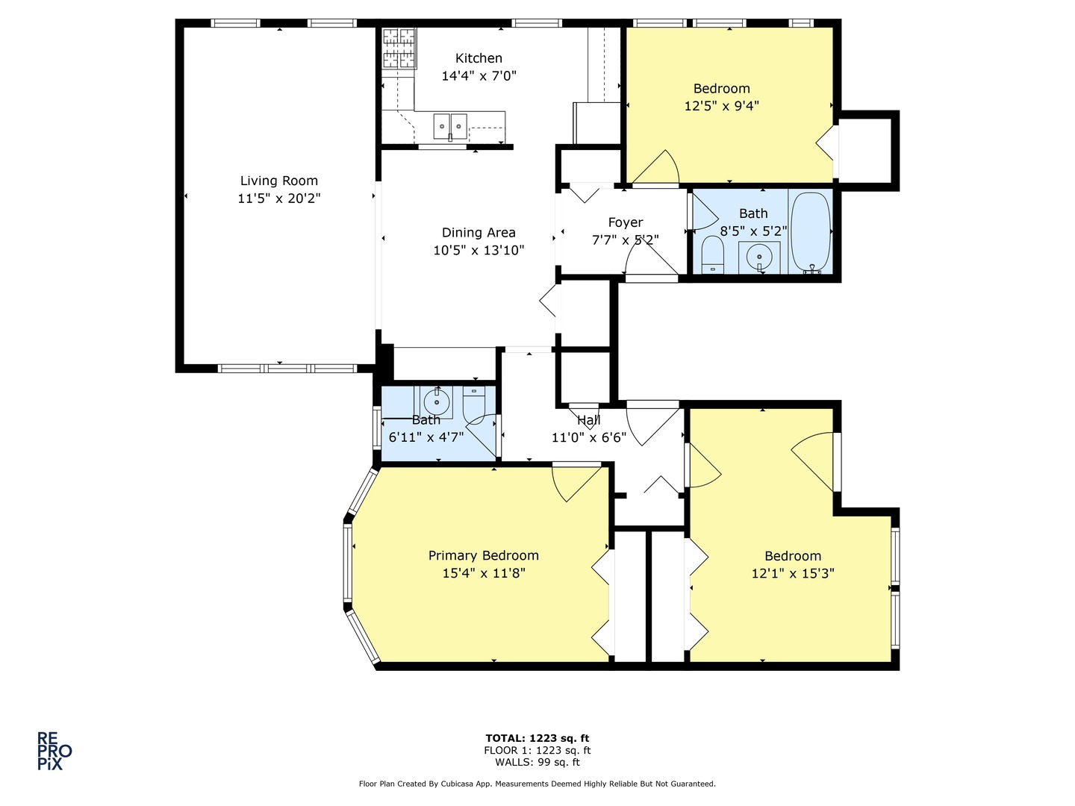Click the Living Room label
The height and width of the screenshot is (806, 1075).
coord(278,181)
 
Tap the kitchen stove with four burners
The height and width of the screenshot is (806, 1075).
coord(399,49)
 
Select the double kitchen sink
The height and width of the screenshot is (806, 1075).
coord(450,126)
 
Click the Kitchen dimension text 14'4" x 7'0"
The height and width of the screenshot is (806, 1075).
coord(479,75)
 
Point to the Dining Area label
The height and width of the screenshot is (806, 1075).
coord(479,233)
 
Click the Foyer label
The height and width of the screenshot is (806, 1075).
coord(625,222)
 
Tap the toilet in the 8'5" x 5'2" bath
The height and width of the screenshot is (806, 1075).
coord(713,255)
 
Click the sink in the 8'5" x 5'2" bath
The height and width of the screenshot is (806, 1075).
coord(759,257)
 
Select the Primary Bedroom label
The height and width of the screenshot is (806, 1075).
coord(483,555)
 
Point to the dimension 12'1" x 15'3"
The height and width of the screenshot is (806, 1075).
coord(792,573)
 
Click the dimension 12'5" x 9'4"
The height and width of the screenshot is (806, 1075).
coord(721,106)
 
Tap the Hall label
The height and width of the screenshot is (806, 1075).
coord(588,421)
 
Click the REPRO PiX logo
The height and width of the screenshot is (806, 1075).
coord(54,751)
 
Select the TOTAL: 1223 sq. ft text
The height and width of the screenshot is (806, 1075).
coord(537,738)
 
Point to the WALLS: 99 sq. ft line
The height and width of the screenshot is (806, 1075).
coord(537,762)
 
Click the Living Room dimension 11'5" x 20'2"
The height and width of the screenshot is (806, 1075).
coord(278,199)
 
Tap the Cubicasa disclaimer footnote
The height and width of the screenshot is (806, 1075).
coord(537,784)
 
